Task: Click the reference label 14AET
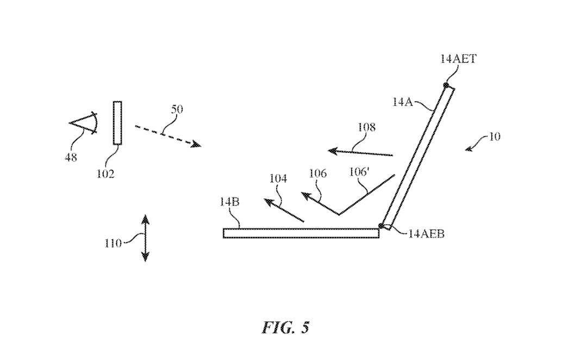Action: [458, 59]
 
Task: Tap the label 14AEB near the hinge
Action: [426, 234]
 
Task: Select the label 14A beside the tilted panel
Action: [402, 102]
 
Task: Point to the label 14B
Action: [229, 202]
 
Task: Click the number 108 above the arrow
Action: [366, 127]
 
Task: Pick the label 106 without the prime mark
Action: [317, 173]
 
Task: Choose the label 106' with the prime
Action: [359, 172]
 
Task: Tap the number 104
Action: [278, 179]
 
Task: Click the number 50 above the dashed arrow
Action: [177, 109]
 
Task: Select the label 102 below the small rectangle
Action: [105, 174]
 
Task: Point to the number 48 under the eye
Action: [71, 157]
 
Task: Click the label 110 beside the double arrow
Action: [113, 244]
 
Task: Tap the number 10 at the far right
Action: [495, 136]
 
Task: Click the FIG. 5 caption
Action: [286, 327]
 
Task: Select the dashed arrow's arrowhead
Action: [196, 144]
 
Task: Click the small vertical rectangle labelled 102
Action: [117, 123]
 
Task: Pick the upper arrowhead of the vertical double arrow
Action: [145, 220]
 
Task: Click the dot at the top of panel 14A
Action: [446, 85]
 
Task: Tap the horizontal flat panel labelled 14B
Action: [301, 233]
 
